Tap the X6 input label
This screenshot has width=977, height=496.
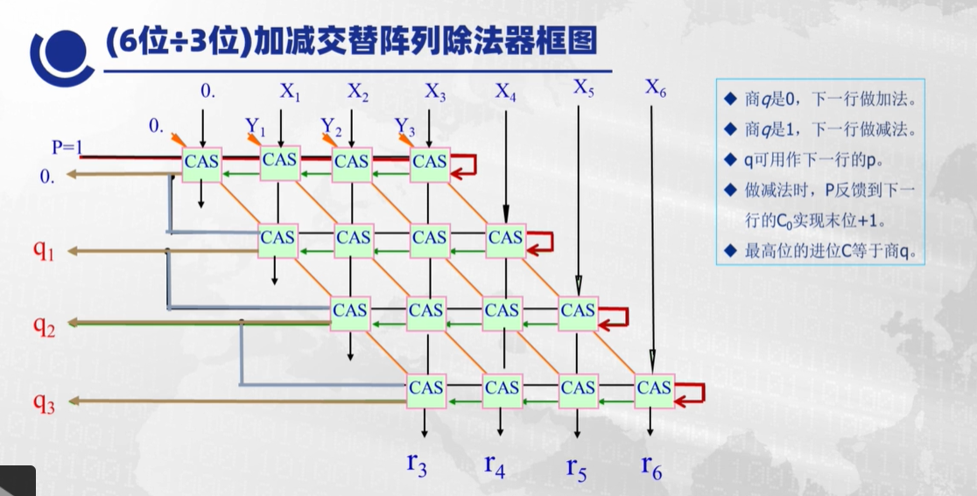(657, 87)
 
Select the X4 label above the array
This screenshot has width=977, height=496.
(506, 91)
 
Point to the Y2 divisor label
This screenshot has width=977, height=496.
(330, 128)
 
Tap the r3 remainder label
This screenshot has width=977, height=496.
(418, 464)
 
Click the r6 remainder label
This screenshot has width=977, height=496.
(651, 465)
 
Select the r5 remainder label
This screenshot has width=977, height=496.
(576, 465)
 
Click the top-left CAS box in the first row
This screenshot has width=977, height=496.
(202, 161)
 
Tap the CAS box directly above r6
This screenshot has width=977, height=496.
(653, 388)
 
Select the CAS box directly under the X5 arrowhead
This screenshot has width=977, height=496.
(578, 311)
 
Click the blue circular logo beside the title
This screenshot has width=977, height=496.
(61, 54)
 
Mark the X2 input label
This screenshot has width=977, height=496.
(358, 91)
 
